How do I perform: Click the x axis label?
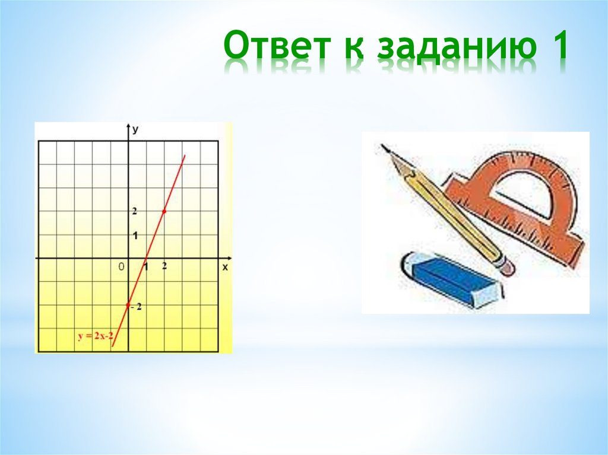tap(225, 268)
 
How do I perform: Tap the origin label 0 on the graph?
tap(121, 268)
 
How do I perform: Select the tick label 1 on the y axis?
tap(135, 236)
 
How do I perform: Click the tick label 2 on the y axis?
tap(135, 211)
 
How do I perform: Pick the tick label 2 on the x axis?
tap(164, 266)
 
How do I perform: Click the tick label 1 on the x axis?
tap(145, 268)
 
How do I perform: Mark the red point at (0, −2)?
tap(128, 305)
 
